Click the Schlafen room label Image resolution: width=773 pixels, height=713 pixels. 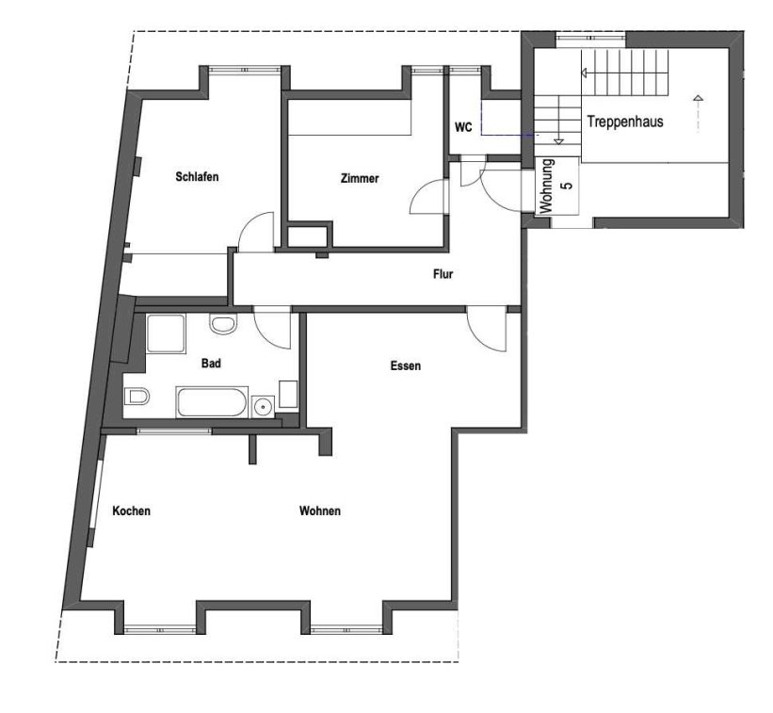[197, 176]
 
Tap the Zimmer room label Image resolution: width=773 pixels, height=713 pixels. [360, 179]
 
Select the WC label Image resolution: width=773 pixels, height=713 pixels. [463, 127]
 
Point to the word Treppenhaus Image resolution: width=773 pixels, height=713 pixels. [625, 122]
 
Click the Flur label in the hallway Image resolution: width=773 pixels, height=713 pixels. [443, 274]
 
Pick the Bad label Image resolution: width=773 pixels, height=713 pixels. [211, 364]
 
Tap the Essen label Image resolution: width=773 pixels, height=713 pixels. [406, 365]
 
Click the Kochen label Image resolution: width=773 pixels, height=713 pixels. [131, 510]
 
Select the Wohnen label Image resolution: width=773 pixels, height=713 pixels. [320, 510]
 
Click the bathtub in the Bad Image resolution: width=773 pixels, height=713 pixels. [212, 402]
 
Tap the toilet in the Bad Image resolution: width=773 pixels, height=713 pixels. [137, 396]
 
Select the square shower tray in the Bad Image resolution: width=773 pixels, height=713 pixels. [166, 333]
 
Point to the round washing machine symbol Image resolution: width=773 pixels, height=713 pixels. [264, 407]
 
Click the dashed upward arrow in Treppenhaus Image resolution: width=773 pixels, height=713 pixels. [698, 113]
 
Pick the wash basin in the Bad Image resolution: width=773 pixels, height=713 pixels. [223, 324]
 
